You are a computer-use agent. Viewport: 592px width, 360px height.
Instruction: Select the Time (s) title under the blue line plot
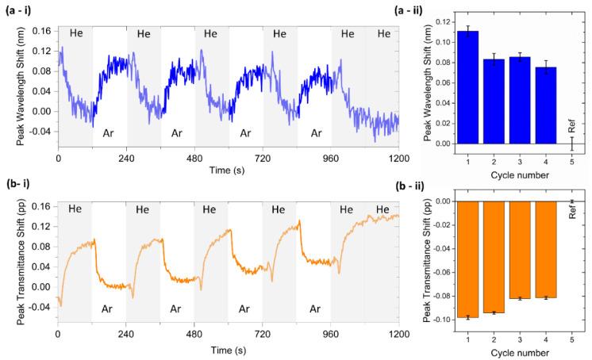[x=228, y=170]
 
